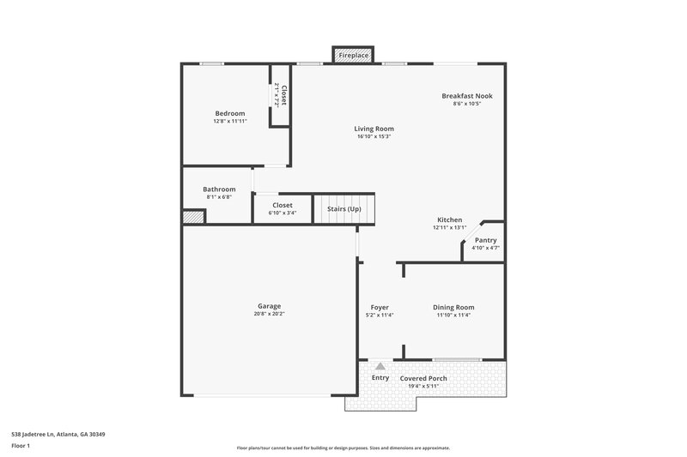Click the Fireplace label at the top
point(353,56)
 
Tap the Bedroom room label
point(229,113)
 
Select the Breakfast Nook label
point(467,96)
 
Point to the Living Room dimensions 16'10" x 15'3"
point(374,136)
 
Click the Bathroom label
point(219,189)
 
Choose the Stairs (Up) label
point(343,209)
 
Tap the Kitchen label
point(449,220)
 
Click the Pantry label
point(485,240)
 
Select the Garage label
point(269,306)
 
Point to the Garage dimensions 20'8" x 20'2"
point(269,315)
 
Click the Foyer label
point(380,307)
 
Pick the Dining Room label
point(453,307)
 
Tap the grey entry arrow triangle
point(380,366)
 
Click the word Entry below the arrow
point(380,378)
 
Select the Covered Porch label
point(425,378)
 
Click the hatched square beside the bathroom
point(193,218)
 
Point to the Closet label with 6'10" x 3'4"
point(283,206)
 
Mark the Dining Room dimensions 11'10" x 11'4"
point(453,316)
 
